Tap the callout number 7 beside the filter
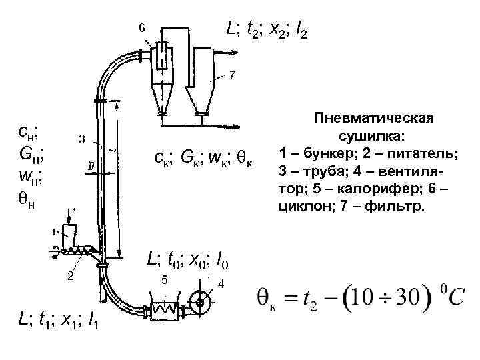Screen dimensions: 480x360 [231, 76]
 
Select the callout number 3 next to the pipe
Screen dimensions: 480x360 [81, 139]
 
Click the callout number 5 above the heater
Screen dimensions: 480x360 [164, 279]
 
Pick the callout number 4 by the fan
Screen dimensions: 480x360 [221, 285]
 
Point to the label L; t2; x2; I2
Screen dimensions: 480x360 [266, 29]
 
